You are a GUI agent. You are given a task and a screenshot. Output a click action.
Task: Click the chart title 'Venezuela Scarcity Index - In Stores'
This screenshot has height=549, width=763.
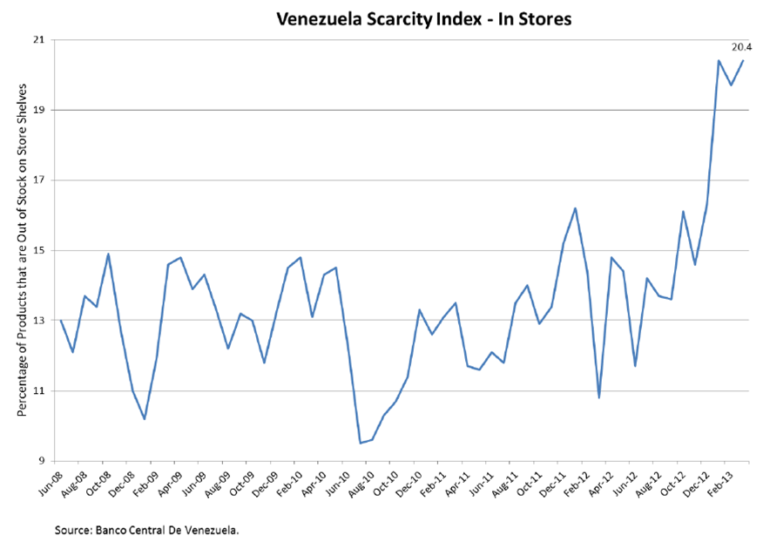pyautogui.click(x=423, y=17)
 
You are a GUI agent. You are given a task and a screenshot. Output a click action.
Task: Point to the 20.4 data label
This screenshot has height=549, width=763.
pyautogui.click(x=741, y=46)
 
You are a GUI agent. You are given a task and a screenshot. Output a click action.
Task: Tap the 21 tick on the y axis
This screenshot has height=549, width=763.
pyautogui.click(x=39, y=40)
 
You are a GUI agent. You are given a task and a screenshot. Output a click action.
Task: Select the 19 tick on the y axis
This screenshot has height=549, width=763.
pyautogui.click(x=39, y=111)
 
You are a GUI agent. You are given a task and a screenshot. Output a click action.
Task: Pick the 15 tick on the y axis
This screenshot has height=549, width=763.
pyautogui.click(x=39, y=251)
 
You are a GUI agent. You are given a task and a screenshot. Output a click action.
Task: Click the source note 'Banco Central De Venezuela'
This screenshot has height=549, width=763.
pyautogui.click(x=146, y=529)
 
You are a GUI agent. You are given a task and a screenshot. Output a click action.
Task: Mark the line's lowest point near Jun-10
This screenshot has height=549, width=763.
pyautogui.click(x=361, y=443)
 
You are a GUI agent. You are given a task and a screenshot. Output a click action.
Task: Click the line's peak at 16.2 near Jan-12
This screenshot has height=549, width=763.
pyautogui.click(x=576, y=208)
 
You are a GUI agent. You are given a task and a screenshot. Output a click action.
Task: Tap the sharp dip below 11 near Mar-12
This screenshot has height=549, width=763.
pyautogui.click(x=599, y=397)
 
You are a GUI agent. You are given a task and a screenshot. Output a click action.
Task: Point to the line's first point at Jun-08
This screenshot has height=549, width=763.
pyautogui.click(x=61, y=321)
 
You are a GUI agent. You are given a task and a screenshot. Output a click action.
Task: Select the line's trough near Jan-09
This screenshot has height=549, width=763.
pyautogui.click(x=145, y=419)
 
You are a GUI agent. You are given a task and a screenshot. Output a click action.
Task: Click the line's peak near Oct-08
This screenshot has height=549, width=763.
pyautogui.click(x=108, y=254)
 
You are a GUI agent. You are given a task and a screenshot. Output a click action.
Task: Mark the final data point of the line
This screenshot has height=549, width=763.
pyautogui.click(x=743, y=61)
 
